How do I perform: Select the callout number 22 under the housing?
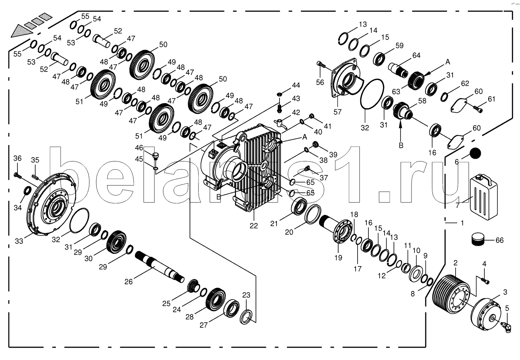coord(254,225)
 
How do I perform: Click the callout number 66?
coord(499,240)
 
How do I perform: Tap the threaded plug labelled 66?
coord(478,240)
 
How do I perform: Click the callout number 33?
coord(19,241)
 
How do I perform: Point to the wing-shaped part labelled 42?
coord(280,123)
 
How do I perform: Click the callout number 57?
coord(337,112)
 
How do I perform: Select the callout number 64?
coord(416,55)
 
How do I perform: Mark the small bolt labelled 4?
coord(485,280)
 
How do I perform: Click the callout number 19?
coord(338,258)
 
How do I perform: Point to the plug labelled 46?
coord(155,156)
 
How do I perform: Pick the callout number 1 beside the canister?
coord(462,223)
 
